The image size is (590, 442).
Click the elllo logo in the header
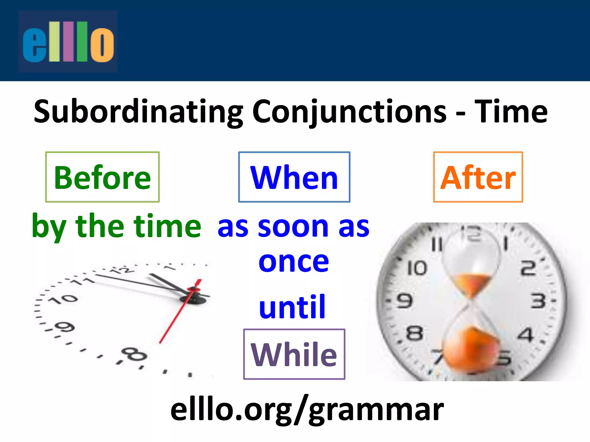tap(68, 41)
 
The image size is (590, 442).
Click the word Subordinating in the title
tap(138, 112)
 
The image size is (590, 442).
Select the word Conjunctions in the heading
tap(349, 112)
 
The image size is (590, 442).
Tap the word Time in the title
tap(510, 112)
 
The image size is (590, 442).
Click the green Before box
tap(102, 177)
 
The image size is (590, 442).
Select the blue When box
tap(294, 177)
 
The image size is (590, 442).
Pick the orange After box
tap(478, 177)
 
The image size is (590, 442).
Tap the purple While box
tap(294, 354)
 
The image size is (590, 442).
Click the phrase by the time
tap(116, 226)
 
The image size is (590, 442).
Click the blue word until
tap(292, 307)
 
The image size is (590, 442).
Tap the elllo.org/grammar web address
tap(307, 410)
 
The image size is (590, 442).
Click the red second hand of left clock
tap(176, 317)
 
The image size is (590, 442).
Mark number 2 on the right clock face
tap(528, 268)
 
